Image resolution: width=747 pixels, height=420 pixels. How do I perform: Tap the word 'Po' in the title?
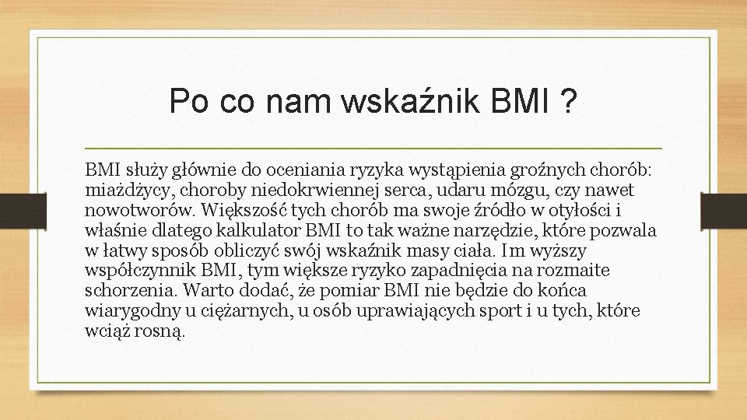pos(185,101)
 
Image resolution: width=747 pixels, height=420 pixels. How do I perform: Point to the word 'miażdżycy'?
pos(121,191)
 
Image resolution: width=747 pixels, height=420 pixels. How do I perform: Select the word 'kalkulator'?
pos(267,231)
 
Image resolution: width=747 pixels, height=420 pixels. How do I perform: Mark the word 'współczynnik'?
pos(139,271)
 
